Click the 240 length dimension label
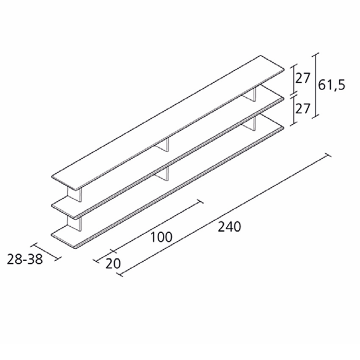pyautogui.click(x=229, y=227)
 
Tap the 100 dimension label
pyautogui.click(x=161, y=237)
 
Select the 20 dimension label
pyautogui.click(x=113, y=264)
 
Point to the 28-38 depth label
pyautogui.click(x=25, y=260)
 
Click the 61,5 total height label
pyautogui.click(x=331, y=85)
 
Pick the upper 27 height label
pyautogui.click(x=303, y=79)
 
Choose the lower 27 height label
pyautogui.click(x=303, y=109)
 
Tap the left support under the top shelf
pyautogui.click(x=75, y=195)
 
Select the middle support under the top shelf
pyautogui.click(x=162, y=145)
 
